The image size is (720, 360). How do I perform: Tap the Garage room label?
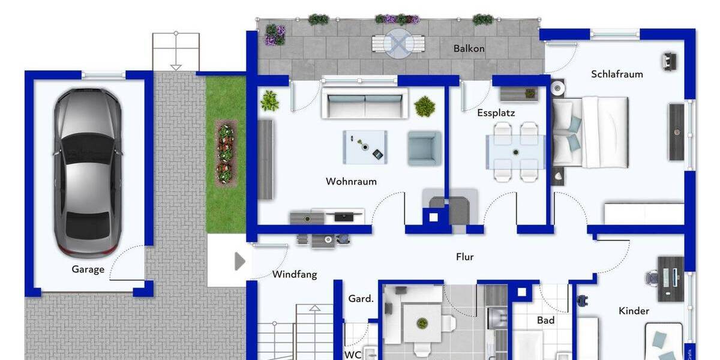pos(88,269)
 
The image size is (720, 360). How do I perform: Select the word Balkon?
pos(469,49)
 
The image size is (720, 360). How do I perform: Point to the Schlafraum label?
pos(617,74)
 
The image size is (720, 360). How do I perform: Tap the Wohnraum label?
pos(351,181)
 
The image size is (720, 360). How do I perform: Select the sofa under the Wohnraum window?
pos(364,103)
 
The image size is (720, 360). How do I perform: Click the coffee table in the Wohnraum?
pos(365,147)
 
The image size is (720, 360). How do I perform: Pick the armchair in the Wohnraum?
pos(424,148)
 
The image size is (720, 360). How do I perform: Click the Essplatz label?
pos(496,113)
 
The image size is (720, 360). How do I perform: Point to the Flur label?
pos(465,257)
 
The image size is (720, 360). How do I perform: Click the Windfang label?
pos(294,275)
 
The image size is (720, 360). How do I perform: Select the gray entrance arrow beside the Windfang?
pos(240,262)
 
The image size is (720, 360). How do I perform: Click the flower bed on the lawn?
pos(226,153)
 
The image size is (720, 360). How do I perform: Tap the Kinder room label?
pos(634,311)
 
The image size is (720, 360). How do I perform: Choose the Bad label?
pos(545,320)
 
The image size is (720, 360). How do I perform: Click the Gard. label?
pos(361,299)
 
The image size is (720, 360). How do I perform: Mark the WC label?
pos(353,354)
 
